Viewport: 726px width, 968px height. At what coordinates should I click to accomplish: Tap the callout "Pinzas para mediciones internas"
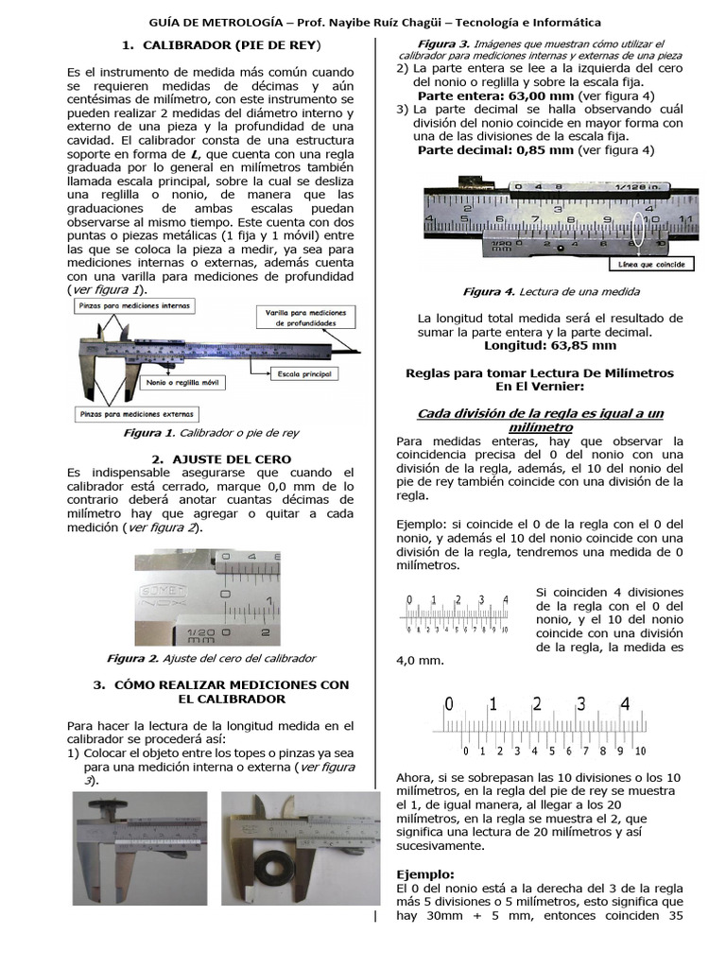tap(133, 306)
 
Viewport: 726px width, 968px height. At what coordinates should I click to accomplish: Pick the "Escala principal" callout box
tap(303, 374)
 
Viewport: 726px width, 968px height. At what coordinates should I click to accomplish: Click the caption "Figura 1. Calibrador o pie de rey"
tap(210, 433)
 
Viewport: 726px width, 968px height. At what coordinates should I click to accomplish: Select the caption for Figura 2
tap(210, 658)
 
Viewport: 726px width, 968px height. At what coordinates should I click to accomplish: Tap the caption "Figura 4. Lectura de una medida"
tap(550, 292)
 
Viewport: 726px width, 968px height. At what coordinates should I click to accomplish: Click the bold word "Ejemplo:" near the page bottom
tap(425, 874)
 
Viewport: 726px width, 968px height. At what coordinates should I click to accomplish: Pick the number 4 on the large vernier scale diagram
tap(625, 704)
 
